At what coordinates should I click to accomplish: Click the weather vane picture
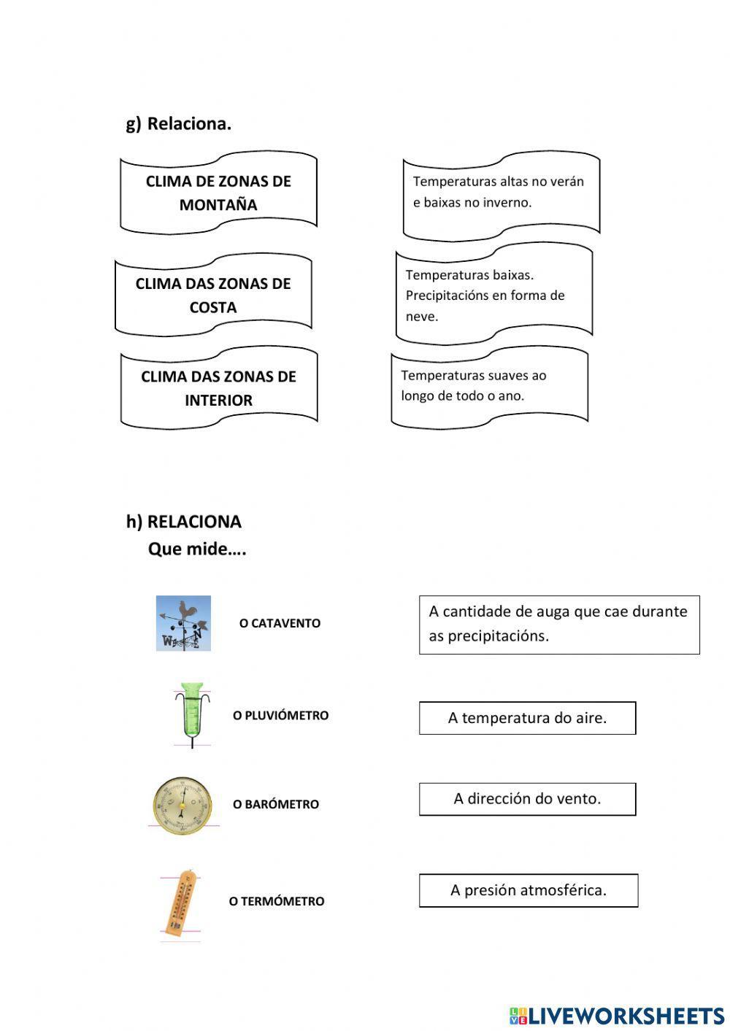[183, 623]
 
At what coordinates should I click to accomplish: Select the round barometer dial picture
[182, 805]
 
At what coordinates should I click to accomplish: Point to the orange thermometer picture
[180, 902]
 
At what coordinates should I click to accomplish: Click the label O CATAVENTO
[280, 623]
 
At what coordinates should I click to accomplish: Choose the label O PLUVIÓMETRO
[280, 715]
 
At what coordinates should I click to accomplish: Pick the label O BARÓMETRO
[276, 804]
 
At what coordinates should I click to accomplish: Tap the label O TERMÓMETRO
[276, 901]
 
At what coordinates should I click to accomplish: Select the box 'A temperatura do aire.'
[527, 718]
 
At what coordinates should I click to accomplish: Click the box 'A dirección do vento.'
[527, 799]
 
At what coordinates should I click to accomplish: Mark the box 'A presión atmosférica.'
[529, 890]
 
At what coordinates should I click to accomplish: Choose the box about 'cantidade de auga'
[559, 624]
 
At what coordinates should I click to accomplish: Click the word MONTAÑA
[218, 205]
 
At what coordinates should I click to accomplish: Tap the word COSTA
[213, 307]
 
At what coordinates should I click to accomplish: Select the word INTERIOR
[218, 400]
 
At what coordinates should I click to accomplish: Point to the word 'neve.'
[422, 317]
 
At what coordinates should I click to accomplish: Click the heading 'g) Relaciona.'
[179, 124]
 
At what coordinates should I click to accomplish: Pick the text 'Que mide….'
[197, 549]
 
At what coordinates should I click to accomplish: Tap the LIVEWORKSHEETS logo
[617, 1016]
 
